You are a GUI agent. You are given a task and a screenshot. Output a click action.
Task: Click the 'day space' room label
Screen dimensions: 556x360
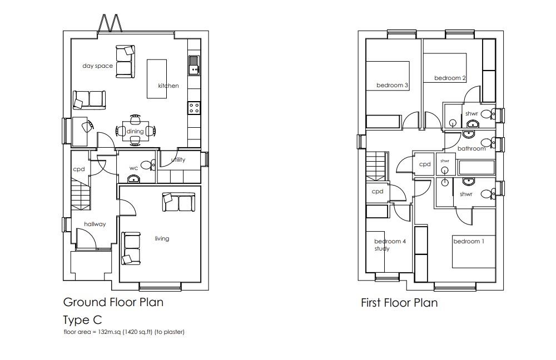coord(97,66)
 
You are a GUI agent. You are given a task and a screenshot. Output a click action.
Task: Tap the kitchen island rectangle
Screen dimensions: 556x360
coord(157,79)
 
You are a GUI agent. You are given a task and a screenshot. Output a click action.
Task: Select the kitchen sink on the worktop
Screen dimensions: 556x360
coord(193,65)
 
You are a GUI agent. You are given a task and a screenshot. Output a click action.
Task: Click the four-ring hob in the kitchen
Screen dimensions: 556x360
coord(194,107)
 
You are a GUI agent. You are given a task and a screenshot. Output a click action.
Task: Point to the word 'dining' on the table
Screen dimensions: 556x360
coord(135,132)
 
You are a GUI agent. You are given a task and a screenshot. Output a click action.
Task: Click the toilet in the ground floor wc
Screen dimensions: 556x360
coord(147,165)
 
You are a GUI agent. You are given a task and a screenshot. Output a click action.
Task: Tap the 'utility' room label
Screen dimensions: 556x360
coord(178,160)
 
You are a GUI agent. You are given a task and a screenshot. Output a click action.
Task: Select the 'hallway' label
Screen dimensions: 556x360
coord(95,224)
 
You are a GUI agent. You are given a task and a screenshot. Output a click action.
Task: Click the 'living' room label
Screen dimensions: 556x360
coord(162,238)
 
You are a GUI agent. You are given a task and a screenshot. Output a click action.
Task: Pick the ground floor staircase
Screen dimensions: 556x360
coord(80,195)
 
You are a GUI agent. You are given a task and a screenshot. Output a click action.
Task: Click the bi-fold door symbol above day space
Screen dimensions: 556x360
coord(111,23)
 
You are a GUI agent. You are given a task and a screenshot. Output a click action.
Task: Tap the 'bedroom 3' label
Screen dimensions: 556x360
coord(392,85)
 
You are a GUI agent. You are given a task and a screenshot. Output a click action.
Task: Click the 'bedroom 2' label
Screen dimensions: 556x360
coord(450,78)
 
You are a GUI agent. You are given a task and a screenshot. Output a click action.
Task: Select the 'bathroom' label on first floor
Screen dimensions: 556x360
coord(471,148)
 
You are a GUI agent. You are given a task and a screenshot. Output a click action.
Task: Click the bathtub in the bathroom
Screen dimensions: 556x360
coord(476,168)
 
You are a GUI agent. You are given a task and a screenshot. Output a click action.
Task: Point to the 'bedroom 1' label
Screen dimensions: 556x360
coord(469,241)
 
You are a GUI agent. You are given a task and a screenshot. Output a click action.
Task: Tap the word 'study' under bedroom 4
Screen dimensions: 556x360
coord(382,249)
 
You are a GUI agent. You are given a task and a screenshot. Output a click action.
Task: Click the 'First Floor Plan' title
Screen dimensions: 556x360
coord(399,303)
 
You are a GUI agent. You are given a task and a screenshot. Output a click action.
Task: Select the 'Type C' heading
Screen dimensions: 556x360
coord(83,320)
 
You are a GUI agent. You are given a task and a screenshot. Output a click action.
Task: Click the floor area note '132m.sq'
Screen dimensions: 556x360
coord(110,332)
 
